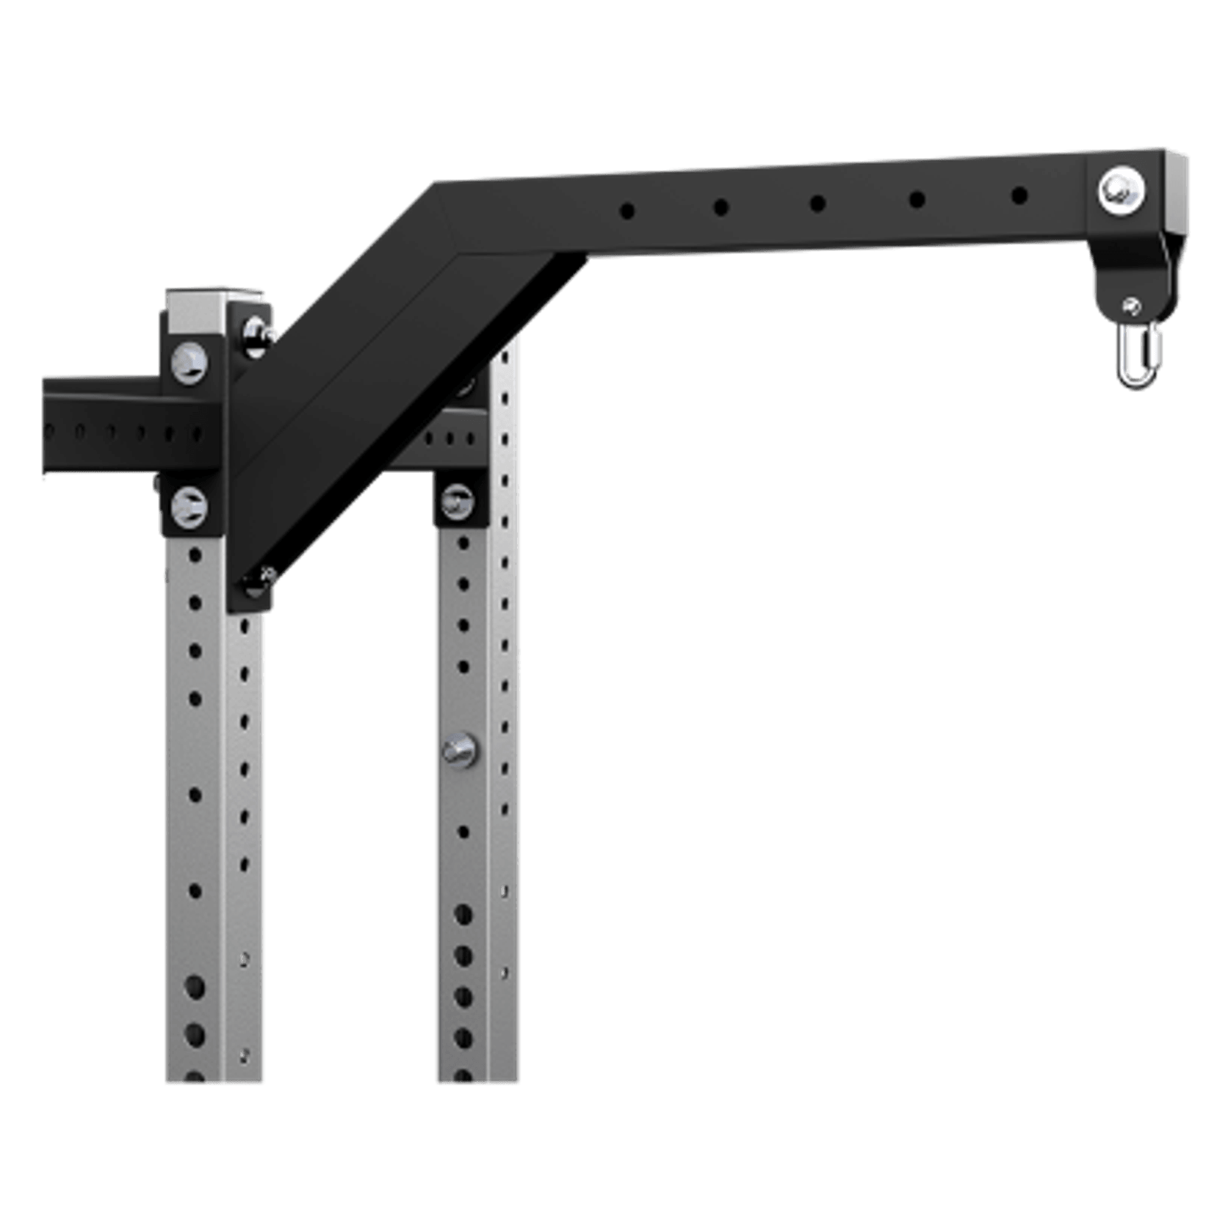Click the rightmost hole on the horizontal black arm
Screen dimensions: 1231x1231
[1019, 196]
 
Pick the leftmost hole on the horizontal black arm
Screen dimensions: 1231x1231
[627, 211]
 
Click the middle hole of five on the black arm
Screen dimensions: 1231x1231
[817, 203]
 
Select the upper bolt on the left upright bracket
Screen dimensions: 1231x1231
[189, 362]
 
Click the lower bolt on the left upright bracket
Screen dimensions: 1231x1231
[189, 506]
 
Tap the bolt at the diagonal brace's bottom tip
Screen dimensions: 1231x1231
[258, 581]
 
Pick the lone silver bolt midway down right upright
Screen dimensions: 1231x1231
[460, 750]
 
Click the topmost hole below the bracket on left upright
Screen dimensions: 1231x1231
[195, 555]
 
